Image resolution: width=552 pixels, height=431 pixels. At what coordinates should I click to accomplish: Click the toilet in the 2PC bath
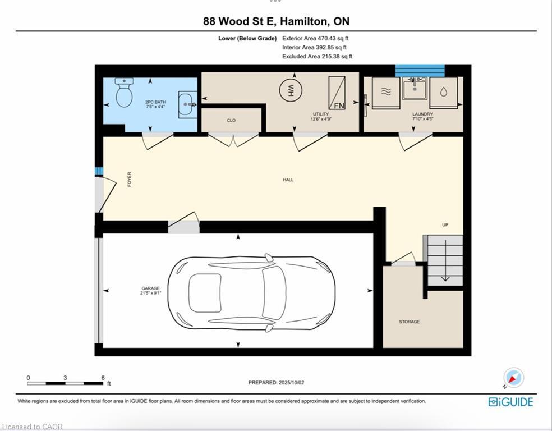[123, 93]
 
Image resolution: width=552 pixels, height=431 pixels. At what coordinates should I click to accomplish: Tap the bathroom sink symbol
[187, 104]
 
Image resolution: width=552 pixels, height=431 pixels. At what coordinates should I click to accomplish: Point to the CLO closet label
[231, 120]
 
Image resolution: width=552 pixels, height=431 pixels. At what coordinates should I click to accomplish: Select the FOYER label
[129, 179]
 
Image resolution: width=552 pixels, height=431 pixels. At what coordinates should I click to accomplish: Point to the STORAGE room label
[409, 322]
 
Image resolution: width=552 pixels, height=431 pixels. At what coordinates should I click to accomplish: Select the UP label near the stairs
[445, 225]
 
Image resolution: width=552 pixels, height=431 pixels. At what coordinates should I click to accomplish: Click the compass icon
[513, 378]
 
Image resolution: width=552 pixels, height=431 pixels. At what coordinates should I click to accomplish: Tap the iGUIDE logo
[510, 402]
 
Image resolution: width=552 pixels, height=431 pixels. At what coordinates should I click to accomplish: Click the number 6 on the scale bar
[103, 378]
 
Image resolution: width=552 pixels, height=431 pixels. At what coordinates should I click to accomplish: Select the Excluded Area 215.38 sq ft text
[317, 57]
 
